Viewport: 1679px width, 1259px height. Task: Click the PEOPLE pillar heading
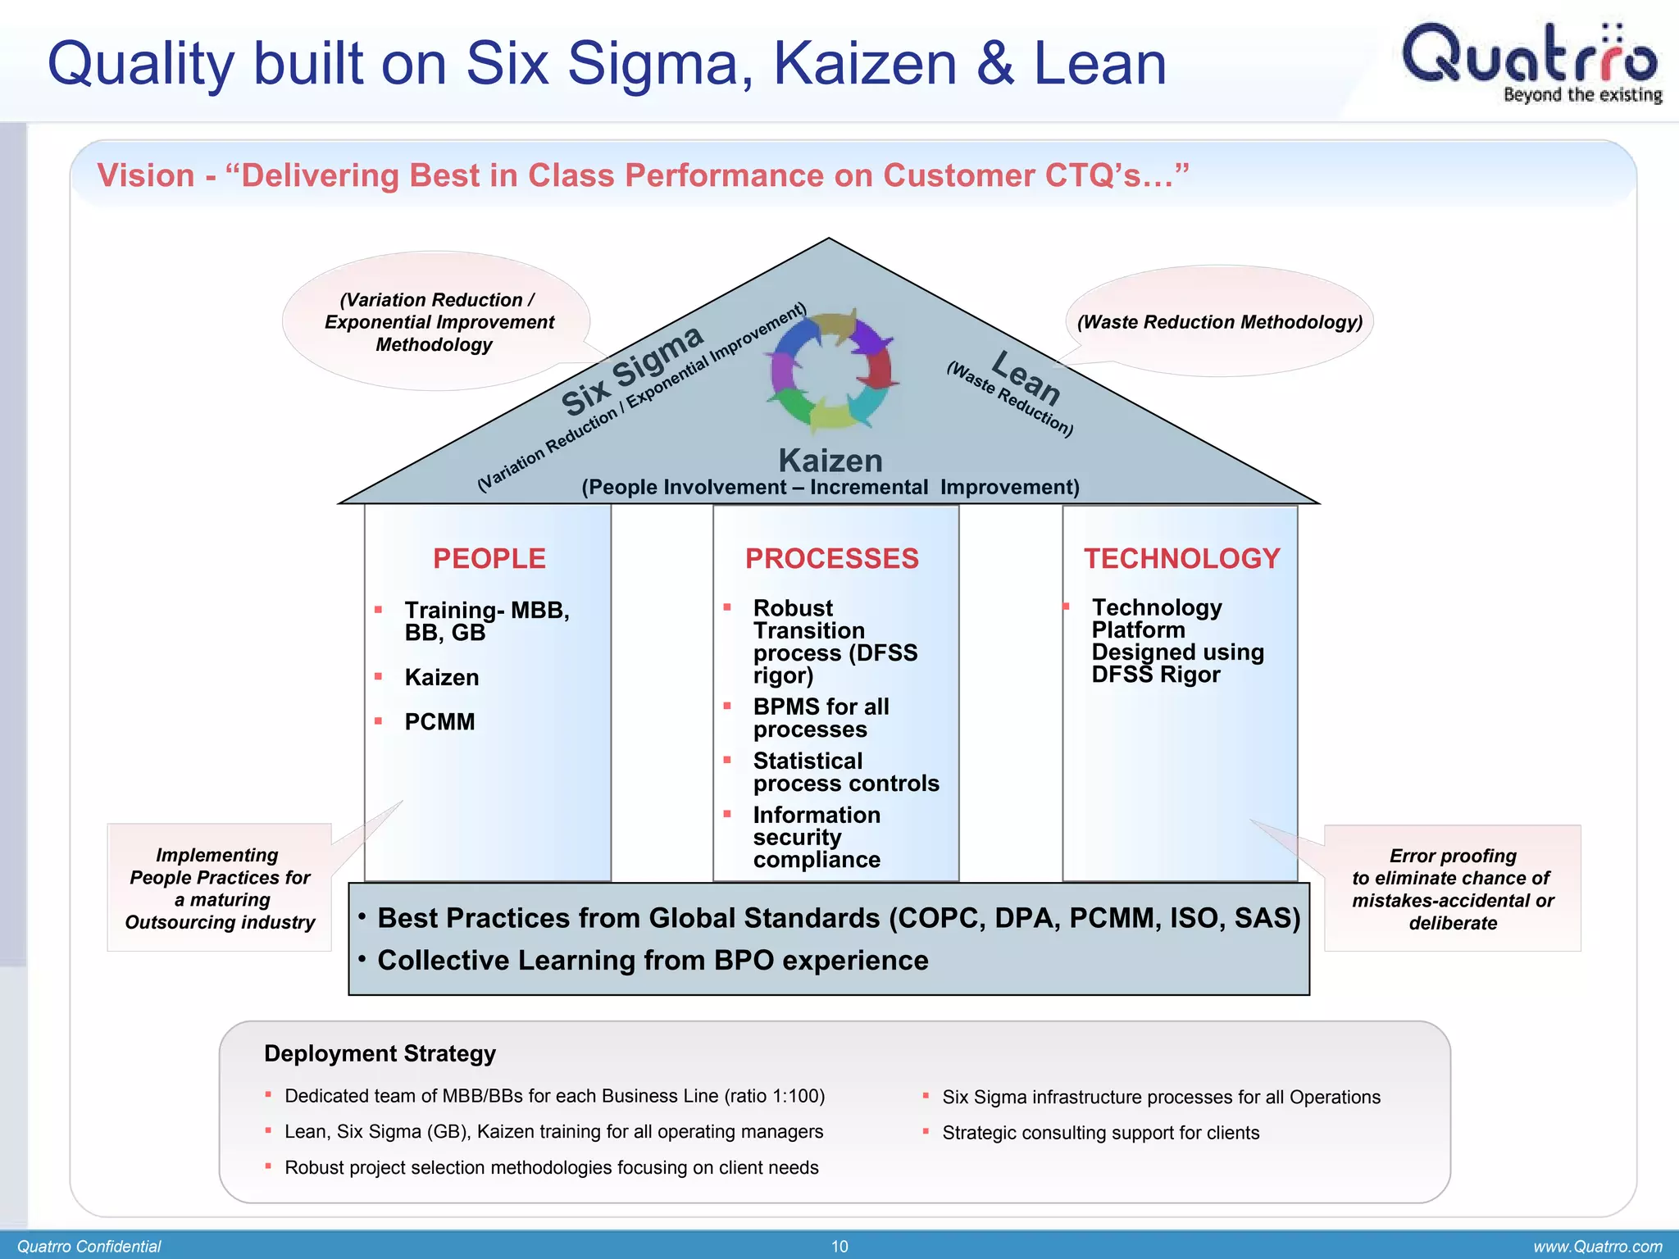[x=489, y=559]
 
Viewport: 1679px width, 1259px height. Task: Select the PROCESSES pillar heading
[x=831, y=559]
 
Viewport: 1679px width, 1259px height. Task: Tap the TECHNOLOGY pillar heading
[x=1181, y=559]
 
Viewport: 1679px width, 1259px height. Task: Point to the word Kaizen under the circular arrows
[x=830, y=461]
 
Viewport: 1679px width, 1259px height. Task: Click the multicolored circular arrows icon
[x=831, y=370]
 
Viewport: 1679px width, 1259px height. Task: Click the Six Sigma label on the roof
[x=631, y=370]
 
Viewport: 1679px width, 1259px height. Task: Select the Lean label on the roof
[x=1026, y=377]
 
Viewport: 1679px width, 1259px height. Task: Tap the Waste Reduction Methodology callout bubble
[x=1219, y=322]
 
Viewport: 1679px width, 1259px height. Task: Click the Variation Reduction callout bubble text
[x=438, y=322]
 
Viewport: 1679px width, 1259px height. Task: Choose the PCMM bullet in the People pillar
[x=439, y=722]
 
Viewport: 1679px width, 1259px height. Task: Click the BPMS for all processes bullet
[x=820, y=718]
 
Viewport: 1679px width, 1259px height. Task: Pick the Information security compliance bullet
[x=817, y=837]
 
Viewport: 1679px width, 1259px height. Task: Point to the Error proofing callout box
[x=1452, y=889]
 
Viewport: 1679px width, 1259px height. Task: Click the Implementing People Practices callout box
[x=220, y=889]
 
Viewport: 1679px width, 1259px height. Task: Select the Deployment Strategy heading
[x=380, y=1053]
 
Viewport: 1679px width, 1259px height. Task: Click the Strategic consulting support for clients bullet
[x=1100, y=1133]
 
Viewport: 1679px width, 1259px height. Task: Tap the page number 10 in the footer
[x=839, y=1247]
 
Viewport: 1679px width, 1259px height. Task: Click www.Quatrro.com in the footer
[x=1597, y=1247]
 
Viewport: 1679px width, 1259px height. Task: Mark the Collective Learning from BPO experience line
[x=653, y=961]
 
